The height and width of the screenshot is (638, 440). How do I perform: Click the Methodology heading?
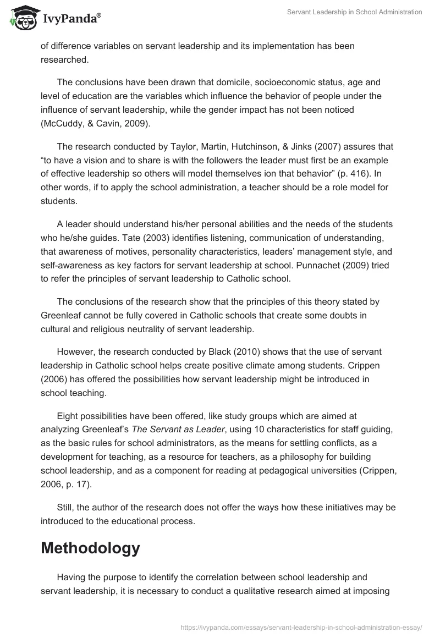click(90, 548)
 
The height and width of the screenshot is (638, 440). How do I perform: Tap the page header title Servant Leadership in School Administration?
click(355, 13)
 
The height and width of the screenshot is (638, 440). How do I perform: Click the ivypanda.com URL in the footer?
click(301, 626)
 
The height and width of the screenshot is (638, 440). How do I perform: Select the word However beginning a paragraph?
click(76, 351)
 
